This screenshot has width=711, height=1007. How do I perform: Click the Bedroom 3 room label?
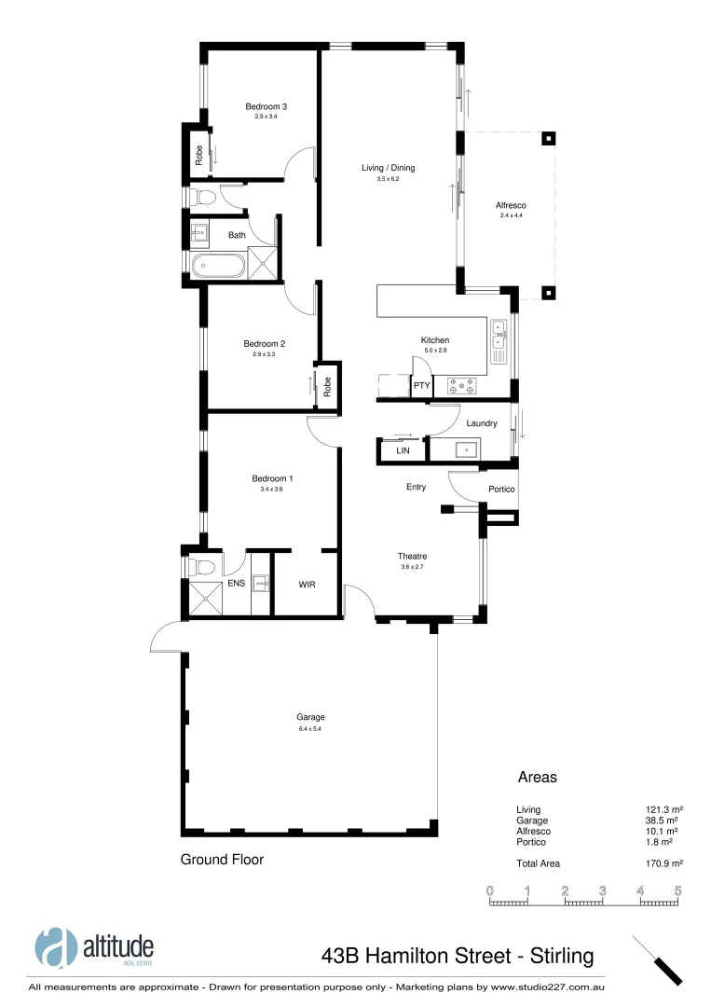click(266, 106)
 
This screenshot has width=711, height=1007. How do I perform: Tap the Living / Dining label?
click(388, 168)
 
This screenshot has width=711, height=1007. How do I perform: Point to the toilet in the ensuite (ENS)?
click(200, 566)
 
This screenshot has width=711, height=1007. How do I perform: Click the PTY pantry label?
click(421, 384)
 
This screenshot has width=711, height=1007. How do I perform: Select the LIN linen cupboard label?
click(403, 450)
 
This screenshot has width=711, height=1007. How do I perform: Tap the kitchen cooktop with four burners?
click(462, 382)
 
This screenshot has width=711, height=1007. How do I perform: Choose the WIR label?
click(307, 585)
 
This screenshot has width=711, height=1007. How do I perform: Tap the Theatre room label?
click(412, 556)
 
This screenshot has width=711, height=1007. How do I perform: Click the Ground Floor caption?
click(222, 860)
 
